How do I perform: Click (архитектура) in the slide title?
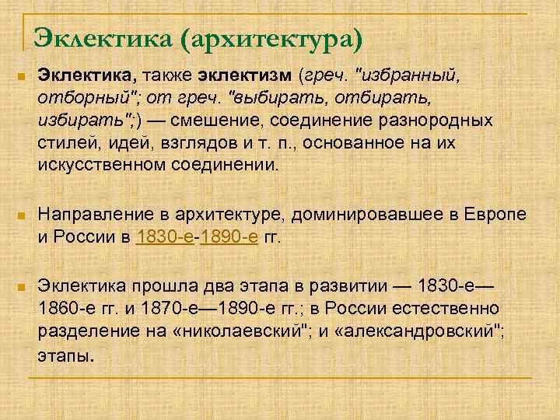(x=269, y=37)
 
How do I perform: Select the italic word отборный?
(x=76, y=100)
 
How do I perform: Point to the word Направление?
(x=89, y=213)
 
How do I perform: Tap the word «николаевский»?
(x=236, y=333)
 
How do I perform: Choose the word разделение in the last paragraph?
(x=85, y=333)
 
